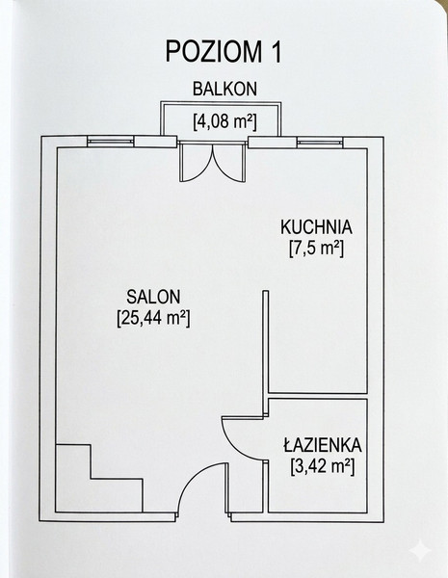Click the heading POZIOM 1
[224, 52]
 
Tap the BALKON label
[224, 89]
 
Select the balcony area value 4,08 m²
[224, 121]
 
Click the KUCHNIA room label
[316, 226]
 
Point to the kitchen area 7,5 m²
[316, 249]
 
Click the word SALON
[153, 297]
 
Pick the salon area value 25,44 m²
[153, 318]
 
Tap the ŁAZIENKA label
[322, 445]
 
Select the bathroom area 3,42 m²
[322, 467]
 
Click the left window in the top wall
[110, 142]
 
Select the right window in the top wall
[320, 142]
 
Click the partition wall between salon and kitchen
[266, 354]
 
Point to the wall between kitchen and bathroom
[318, 396]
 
